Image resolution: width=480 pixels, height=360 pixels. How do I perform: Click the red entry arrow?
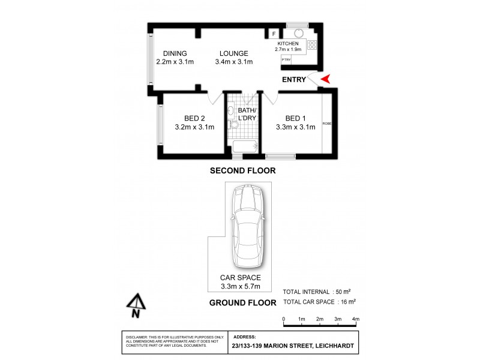point(326,79)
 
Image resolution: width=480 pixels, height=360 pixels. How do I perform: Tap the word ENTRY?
point(294,80)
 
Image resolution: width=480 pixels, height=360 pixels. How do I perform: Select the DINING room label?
point(171,53)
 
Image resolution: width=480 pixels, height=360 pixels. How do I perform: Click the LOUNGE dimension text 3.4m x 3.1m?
point(234,61)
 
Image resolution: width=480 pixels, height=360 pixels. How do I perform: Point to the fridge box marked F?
point(274,34)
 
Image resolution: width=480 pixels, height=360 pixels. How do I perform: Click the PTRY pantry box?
point(286,59)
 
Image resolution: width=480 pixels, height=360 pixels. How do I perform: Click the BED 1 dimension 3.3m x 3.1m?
point(295,127)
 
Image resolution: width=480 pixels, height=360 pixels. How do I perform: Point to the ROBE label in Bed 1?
point(327,124)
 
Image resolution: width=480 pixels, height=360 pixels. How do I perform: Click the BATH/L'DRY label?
point(247,115)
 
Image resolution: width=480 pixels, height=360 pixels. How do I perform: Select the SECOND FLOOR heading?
point(242,171)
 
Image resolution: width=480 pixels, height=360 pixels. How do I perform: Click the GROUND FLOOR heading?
point(242,303)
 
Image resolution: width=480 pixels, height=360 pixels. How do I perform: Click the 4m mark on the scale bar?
point(355,319)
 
